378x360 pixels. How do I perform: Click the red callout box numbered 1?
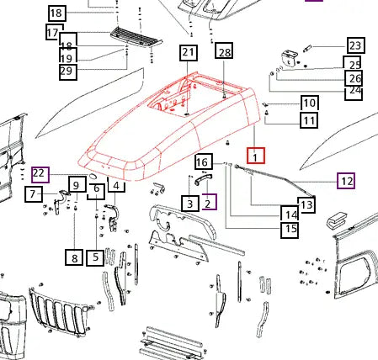tap(256, 156)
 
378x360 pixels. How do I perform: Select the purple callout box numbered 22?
tap(40, 174)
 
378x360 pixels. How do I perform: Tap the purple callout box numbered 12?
tap(346, 181)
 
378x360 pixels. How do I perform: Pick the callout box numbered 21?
tap(189, 52)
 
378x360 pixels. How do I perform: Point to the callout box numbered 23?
tap(356, 45)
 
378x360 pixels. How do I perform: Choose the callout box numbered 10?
tap(310, 103)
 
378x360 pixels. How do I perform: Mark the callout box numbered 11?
tap(309, 120)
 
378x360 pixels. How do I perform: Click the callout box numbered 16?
tap(204, 161)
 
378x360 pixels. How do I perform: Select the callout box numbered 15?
tap(290, 230)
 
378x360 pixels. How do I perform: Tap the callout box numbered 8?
tap(74, 257)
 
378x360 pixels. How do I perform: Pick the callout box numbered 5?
tap(95, 257)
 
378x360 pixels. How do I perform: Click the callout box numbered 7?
tap(34, 194)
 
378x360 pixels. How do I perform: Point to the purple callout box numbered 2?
tap(210, 202)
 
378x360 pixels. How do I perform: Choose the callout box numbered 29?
tap(68, 71)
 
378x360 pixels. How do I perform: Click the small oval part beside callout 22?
tap(93, 176)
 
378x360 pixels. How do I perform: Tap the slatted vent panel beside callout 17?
tap(136, 37)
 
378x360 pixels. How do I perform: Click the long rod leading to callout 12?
tap(275, 180)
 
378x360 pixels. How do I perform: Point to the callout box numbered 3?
tap(190, 204)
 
